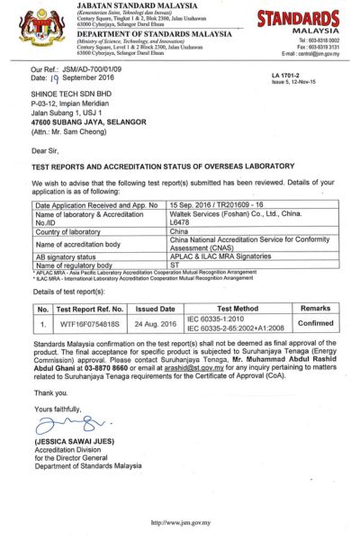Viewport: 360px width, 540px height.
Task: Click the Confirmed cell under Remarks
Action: click(x=315, y=323)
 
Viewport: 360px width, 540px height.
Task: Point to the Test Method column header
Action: click(x=239, y=308)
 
